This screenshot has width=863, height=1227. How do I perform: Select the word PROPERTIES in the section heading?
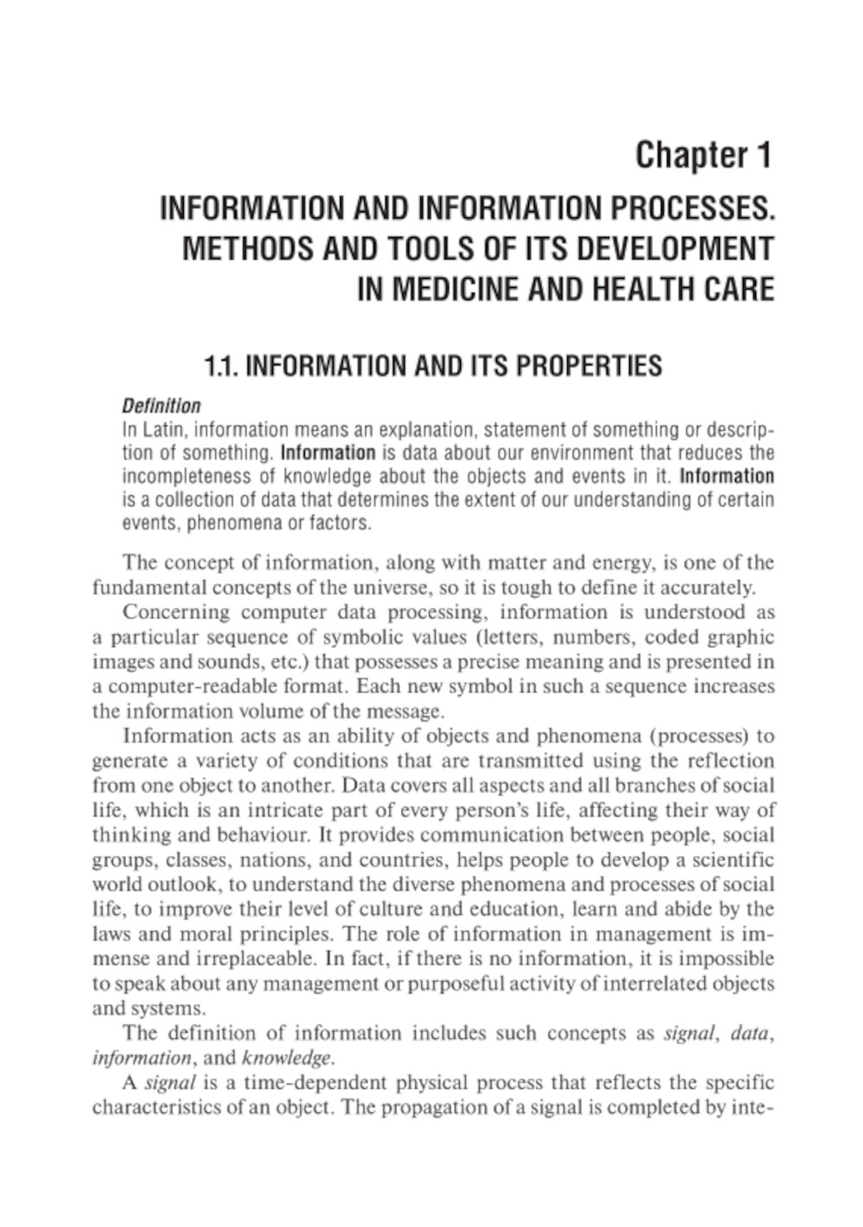pos(589,366)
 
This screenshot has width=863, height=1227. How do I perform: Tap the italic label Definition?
pos(161,406)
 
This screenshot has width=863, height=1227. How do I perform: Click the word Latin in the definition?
pos(158,429)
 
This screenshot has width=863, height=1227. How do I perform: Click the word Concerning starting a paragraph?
pos(176,612)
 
